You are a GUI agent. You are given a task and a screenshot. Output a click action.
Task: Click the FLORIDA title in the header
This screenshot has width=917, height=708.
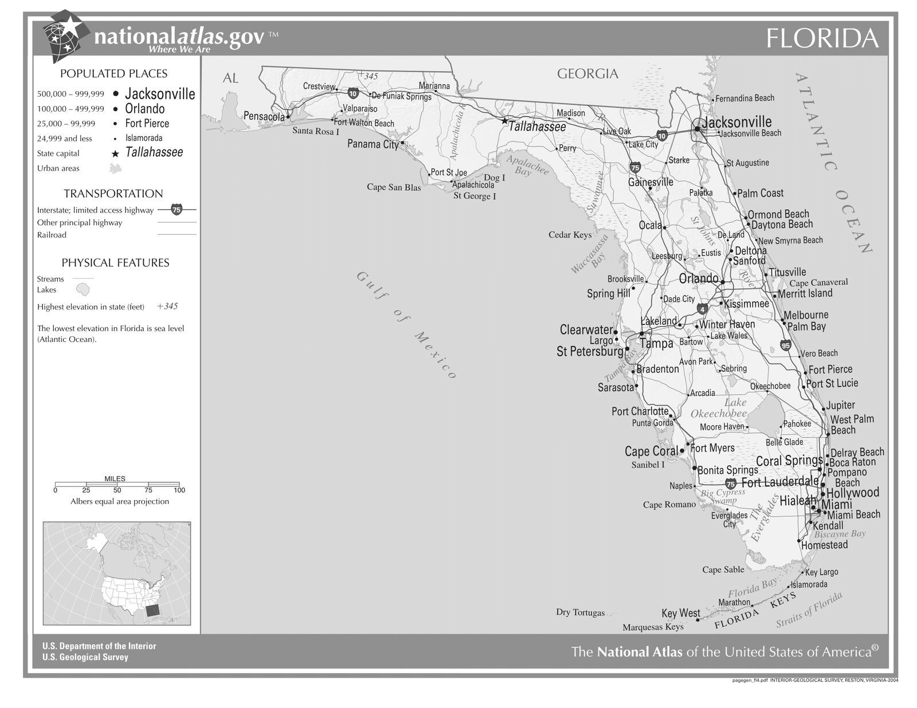(x=822, y=38)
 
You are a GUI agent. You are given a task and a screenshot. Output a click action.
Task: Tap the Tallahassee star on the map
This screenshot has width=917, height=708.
(x=504, y=121)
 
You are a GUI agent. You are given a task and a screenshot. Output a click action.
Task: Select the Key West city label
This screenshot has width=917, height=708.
(x=680, y=613)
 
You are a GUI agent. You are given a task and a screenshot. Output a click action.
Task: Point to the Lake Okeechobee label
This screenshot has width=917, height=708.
(x=720, y=408)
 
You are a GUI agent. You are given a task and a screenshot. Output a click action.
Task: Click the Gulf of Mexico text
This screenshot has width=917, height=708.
(x=406, y=325)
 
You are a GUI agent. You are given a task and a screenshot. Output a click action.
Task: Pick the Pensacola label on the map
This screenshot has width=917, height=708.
(x=264, y=116)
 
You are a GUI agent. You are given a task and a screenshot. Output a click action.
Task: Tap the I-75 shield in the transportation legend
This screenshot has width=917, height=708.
(x=177, y=210)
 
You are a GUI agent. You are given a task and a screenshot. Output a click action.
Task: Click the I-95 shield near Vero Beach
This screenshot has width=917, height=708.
(x=785, y=345)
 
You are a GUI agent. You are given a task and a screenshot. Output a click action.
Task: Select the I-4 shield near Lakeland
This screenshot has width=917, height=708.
(x=703, y=309)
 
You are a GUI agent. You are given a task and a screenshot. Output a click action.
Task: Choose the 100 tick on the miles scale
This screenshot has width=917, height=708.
(x=179, y=490)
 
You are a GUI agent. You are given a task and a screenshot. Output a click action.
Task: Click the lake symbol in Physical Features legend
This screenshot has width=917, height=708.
(x=83, y=289)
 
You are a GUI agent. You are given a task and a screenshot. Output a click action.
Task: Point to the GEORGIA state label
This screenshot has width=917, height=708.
(x=587, y=73)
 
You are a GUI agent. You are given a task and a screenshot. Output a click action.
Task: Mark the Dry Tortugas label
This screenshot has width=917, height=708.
(x=580, y=612)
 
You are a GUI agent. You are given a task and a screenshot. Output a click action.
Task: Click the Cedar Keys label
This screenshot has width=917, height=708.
(x=570, y=235)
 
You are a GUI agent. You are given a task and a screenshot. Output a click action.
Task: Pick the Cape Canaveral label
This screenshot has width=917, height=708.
(x=818, y=282)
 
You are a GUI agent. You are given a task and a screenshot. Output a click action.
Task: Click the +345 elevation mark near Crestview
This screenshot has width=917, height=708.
(x=367, y=76)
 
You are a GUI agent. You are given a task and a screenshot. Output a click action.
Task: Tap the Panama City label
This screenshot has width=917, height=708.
(x=373, y=144)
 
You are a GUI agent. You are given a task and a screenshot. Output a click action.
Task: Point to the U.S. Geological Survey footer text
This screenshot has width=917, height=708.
(x=85, y=657)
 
